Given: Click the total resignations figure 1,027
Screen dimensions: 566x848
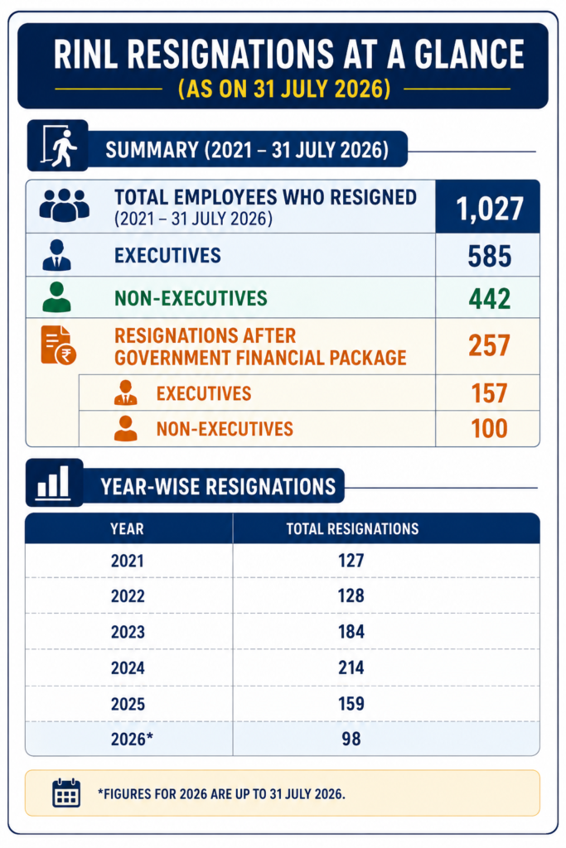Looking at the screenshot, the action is coord(490,209).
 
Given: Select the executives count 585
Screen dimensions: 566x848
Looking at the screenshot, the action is coord(489,257).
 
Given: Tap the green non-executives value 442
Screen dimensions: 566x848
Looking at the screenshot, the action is coord(489,298).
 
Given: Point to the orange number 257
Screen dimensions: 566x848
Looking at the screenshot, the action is coord(489,345).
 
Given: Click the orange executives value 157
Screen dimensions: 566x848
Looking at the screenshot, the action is coord(489,393).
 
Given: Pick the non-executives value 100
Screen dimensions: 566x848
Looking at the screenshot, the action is coord(489,429).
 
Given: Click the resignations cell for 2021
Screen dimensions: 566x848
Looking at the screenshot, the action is coord(351,561).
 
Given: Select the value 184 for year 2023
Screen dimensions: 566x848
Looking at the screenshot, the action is coord(351,632).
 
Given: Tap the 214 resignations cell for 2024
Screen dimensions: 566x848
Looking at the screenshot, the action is coord(351,667).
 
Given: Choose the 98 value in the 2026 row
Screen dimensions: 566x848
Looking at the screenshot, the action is coord(351,739).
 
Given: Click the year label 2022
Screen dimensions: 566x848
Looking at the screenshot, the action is coord(128,596).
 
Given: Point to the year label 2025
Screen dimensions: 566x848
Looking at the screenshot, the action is coord(128,704).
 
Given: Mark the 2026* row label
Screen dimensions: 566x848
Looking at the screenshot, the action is coord(132,739).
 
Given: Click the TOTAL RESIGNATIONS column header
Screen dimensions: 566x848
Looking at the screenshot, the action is coord(352,529).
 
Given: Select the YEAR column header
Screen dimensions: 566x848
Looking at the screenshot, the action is coord(127,529).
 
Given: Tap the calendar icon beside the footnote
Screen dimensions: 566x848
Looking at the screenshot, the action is coord(66,793).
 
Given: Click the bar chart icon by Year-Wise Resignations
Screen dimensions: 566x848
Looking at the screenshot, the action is coord(53,483).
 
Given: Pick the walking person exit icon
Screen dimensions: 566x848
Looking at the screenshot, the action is coord(59,146).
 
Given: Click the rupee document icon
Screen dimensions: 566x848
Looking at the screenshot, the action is coord(59,345).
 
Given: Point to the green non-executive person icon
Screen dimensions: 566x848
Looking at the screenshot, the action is coord(56,297).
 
